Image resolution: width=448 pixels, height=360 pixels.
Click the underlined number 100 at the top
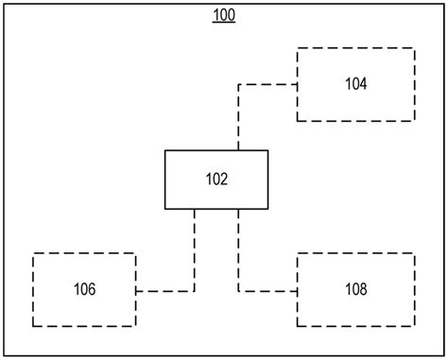click(x=224, y=15)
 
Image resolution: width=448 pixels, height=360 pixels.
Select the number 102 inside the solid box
click(x=216, y=178)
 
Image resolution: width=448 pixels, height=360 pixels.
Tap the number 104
click(x=355, y=83)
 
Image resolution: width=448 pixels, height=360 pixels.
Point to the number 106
click(x=84, y=288)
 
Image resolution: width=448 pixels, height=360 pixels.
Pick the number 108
click(x=355, y=288)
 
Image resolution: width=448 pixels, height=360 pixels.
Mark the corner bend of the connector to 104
click(x=238, y=84)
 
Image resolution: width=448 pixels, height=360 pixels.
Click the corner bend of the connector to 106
click(x=195, y=291)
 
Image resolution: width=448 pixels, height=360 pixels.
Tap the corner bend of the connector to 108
click(x=238, y=289)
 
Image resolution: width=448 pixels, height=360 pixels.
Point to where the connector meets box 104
click(x=298, y=84)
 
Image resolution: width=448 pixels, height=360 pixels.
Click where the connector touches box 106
click(x=136, y=291)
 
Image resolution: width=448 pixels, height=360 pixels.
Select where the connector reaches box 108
click(x=298, y=289)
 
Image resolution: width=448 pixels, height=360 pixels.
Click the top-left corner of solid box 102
click(x=165, y=150)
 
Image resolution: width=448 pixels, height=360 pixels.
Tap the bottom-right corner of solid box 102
click(x=267, y=208)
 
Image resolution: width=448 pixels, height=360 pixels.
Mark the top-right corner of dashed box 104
click(x=414, y=47)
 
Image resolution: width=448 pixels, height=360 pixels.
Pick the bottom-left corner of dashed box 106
click(x=33, y=325)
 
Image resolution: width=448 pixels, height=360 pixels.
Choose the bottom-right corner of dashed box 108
click(x=414, y=325)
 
